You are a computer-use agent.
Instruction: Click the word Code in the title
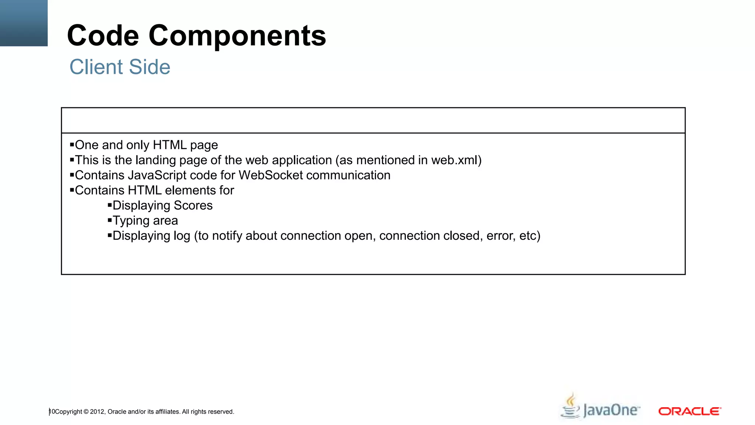pos(103,36)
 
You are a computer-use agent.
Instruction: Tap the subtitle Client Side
pos(120,67)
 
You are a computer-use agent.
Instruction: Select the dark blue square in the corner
pos(24,23)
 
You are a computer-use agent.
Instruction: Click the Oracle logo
pos(689,411)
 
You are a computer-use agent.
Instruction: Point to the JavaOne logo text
pos(611,411)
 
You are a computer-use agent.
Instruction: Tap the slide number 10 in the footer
pos(52,411)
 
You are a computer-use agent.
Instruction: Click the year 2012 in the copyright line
pos(97,412)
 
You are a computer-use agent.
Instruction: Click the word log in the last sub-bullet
pos(182,236)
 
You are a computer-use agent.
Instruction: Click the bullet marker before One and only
pos(72,145)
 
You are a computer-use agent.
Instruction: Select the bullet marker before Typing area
pos(109,220)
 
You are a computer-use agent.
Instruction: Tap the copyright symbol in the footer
pos(86,412)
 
